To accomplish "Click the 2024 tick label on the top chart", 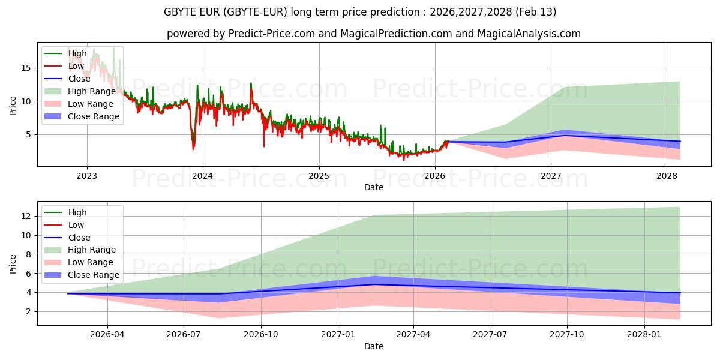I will point(203,176).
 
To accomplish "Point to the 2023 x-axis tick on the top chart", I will point(87,176).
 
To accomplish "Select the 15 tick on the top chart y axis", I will point(25,68).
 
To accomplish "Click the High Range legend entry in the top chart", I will point(91,91).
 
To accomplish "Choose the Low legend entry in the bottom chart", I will point(76,225).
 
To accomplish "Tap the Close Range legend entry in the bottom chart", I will point(93,275).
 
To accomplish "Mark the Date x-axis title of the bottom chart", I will point(374,346).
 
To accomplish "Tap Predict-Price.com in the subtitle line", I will point(272,34).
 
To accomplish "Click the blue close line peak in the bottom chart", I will point(374,284).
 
